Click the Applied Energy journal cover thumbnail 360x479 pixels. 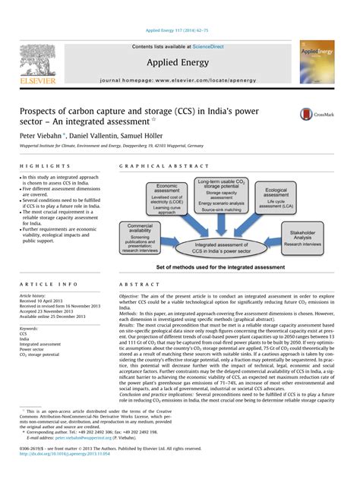317,62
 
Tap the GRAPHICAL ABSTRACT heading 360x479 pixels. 153,165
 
